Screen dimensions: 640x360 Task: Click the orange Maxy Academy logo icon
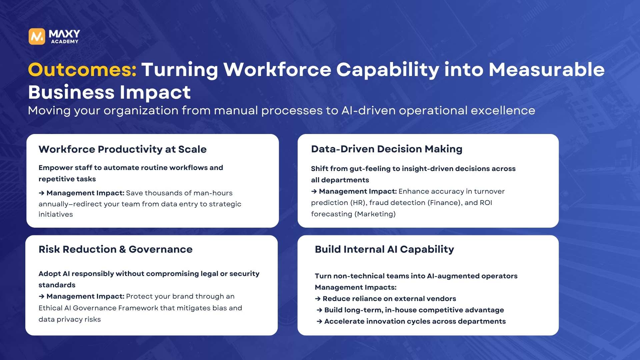pos(37,36)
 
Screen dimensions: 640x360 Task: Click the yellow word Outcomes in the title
pos(82,70)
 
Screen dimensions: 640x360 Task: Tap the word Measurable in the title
pos(547,70)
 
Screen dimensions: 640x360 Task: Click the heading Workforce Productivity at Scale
pos(123,149)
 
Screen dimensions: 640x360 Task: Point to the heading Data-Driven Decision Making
pos(387,149)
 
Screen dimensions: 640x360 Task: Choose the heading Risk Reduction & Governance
pos(116,249)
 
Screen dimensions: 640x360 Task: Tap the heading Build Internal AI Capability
pos(384,249)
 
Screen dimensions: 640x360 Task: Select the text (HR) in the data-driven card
pos(358,203)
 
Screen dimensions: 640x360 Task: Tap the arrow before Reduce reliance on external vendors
pos(318,299)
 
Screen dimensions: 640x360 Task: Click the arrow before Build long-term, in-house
pos(320,310)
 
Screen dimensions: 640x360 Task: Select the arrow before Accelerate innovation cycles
pos(320,321)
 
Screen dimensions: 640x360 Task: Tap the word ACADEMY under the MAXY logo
pos(65,42)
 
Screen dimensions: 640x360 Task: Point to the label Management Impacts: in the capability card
pos(356,287)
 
